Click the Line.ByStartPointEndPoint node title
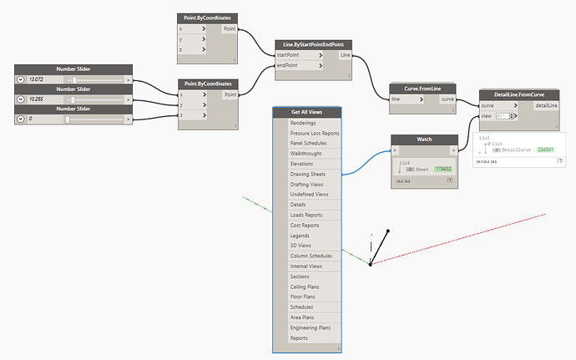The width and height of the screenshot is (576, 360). [309, 44]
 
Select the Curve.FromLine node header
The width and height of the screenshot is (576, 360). [422, 89]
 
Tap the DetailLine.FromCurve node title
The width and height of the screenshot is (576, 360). [519, 95]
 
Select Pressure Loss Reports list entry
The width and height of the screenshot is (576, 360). [314, 133]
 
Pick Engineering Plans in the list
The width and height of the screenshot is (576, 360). [310, 327]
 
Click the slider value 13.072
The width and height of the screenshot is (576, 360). [36, 79]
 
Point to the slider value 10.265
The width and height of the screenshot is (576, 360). [36, 99]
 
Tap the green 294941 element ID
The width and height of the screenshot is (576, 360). [546, 150]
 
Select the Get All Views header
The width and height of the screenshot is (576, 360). [306, 113]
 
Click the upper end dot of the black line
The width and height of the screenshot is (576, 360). [388, 230]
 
